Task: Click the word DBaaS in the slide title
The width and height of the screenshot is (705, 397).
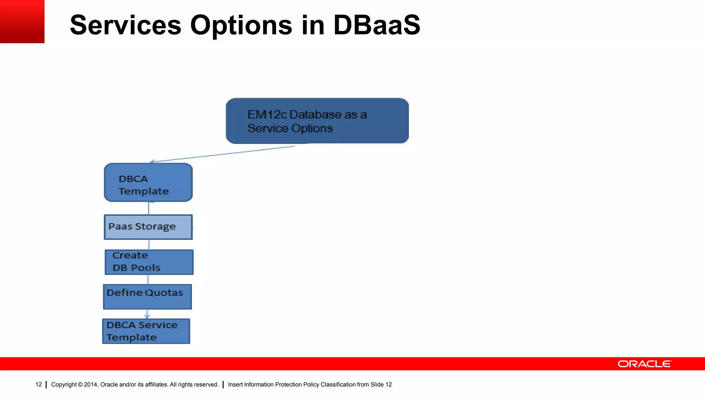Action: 377,25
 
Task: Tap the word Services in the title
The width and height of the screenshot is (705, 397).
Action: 125,25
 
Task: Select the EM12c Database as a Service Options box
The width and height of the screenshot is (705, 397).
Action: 317,121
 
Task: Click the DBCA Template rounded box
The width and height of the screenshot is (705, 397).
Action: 148,183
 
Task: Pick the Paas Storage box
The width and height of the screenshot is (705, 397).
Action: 148,227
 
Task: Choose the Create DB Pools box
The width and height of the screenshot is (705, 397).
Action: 149,262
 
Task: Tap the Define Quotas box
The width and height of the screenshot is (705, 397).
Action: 147,296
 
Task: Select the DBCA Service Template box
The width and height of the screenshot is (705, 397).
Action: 146,331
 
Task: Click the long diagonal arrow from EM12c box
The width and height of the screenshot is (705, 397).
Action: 224,154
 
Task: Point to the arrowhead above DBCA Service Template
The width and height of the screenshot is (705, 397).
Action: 147,316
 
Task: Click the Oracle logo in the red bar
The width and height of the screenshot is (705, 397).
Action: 644,364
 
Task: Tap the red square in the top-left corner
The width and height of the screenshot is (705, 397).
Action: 22,21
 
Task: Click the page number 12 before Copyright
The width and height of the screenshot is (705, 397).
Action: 39,384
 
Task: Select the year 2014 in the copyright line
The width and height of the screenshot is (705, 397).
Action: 91,384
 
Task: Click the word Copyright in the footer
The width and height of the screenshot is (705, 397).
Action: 64,384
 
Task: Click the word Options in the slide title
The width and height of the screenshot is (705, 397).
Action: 241,25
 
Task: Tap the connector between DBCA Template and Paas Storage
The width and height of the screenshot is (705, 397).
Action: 149,208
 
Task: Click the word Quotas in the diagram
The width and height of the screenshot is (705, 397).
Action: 164,293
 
